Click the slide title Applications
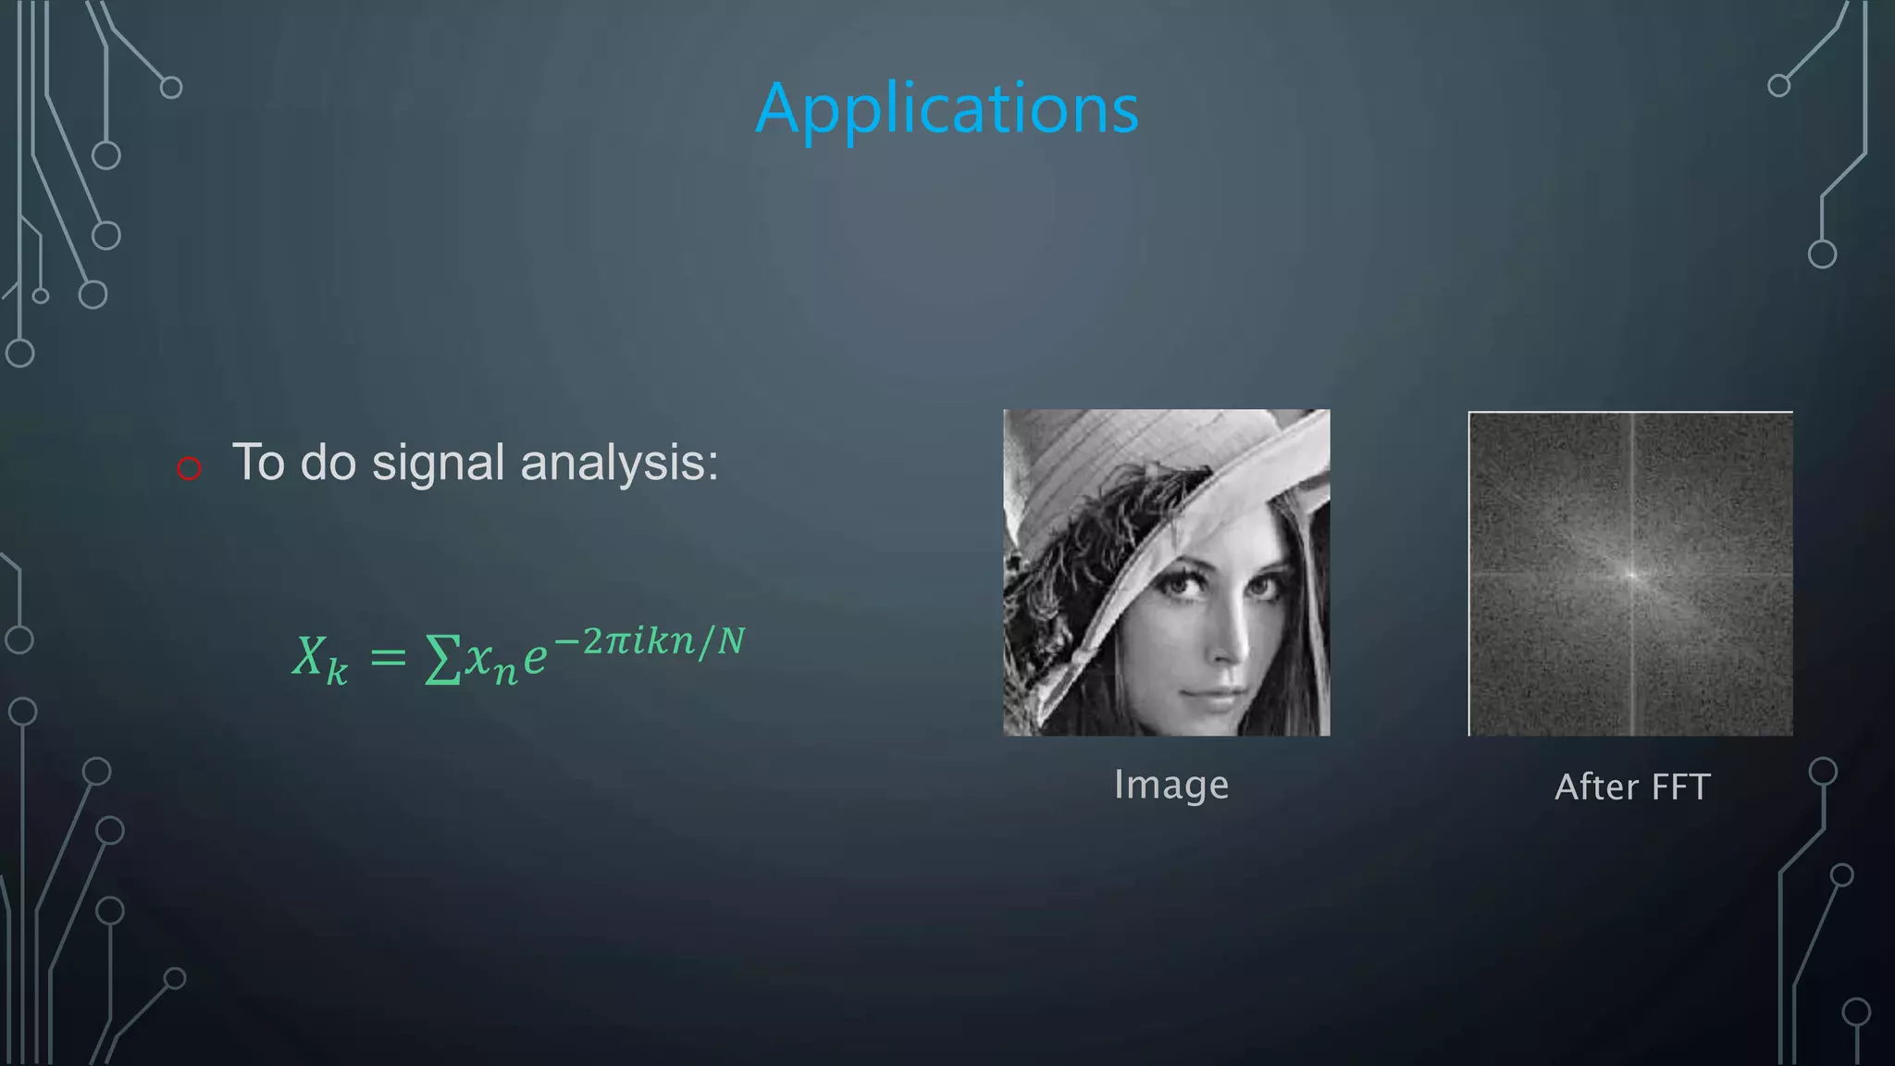click(x=947, y=109)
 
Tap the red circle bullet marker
click(x=189, y=468)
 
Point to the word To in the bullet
click(x=258, y=462)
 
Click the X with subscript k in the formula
click(x=320, y=660)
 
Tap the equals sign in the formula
click(x=388, y=658)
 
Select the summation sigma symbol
click(x=442, y=660)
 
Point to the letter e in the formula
click(x=535, y=658)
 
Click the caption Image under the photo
click(x=1170, y=785)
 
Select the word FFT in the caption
click(x=1680, y=787)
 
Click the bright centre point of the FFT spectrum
click(x=1631, y=575)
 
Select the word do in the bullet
click(x=328, y=462)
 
